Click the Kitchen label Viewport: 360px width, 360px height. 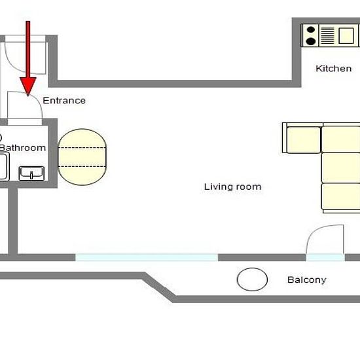(x=333, y=69)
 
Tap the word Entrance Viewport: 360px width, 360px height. (x=64, y=100)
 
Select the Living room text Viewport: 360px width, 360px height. (x=232, y=187)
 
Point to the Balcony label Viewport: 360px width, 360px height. (x=307, y=280)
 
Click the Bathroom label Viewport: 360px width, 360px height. (x=23, y=148)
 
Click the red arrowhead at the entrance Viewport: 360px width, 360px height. (x=28, y=86)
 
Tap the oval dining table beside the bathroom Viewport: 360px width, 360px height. (x=82, y=157)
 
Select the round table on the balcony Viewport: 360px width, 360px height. (x=252, y=279)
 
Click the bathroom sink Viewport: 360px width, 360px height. (x=31, y=173)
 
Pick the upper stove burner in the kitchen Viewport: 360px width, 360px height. (x=311, y=29)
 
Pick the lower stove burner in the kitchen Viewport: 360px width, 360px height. (x=311, y=41)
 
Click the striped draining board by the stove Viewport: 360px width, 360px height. (x=327, y=35)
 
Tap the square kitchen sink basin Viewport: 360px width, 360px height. (x=346, y=35)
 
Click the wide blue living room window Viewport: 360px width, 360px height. (x=147, y=257)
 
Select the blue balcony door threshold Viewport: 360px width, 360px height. (x=325, y=257)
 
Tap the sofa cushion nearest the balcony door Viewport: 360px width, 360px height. (x=341, y=196)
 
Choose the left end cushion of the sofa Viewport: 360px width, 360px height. (x=304, y=140)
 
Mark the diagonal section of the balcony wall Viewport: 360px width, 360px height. (x=159, y=287)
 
